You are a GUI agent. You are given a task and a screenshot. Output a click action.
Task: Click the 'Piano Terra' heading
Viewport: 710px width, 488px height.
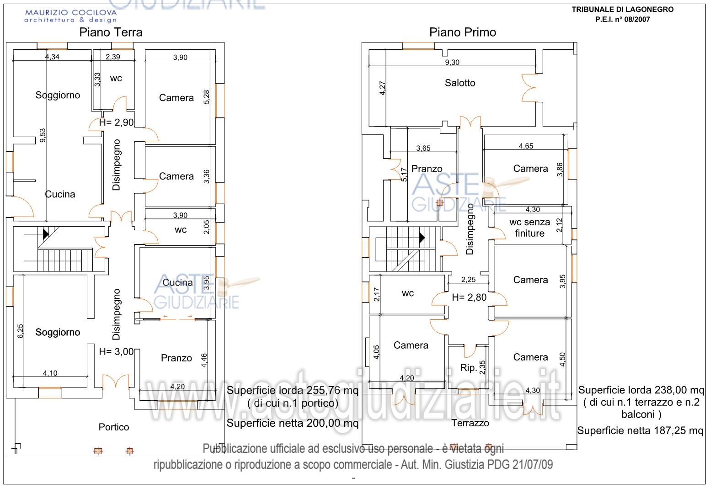point(111,32)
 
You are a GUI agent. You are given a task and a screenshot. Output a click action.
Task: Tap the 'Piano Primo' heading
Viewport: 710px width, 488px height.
point(462,32)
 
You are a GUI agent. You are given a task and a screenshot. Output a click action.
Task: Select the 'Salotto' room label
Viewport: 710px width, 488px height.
point(460,83)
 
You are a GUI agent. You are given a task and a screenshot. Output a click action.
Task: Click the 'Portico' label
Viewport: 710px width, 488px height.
point(114,427)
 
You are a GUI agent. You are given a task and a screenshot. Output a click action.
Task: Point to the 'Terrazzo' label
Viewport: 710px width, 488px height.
point(470,423)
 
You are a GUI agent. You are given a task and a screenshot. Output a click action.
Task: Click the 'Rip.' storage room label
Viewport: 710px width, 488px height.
point(469,368)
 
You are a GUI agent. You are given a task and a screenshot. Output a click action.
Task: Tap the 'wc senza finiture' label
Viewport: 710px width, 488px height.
point(529,228)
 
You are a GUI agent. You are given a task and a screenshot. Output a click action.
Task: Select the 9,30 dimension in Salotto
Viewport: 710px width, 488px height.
point(452,63)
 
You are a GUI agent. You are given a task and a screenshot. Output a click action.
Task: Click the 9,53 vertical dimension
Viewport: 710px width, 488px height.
point(43,135)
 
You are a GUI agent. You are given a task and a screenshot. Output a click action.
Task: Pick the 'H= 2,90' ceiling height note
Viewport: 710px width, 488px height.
point(116,122)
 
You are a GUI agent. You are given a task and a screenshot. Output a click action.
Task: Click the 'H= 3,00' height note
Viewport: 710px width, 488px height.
point(116,352)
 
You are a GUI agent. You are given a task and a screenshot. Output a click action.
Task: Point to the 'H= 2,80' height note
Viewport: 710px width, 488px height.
point(469,297)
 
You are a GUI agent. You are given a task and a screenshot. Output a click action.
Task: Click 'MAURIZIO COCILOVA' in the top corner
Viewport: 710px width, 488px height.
point(70,13)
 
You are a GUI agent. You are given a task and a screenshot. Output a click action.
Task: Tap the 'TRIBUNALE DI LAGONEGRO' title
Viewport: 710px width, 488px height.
point(622,10)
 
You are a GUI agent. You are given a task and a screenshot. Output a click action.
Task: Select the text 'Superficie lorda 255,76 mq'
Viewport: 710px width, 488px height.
point(293,391)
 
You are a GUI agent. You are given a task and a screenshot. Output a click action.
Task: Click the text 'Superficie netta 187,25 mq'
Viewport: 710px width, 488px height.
point(640,431)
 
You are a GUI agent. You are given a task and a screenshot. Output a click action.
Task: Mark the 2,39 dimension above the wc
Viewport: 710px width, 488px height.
point(113,57)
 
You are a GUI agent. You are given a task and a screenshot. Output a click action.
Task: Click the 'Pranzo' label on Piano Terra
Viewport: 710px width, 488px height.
point(176,358)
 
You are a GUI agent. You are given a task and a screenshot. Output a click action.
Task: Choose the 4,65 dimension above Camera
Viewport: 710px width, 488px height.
point(526,146)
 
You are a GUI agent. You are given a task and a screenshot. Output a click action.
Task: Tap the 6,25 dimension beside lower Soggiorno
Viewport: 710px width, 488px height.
point(20,331)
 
